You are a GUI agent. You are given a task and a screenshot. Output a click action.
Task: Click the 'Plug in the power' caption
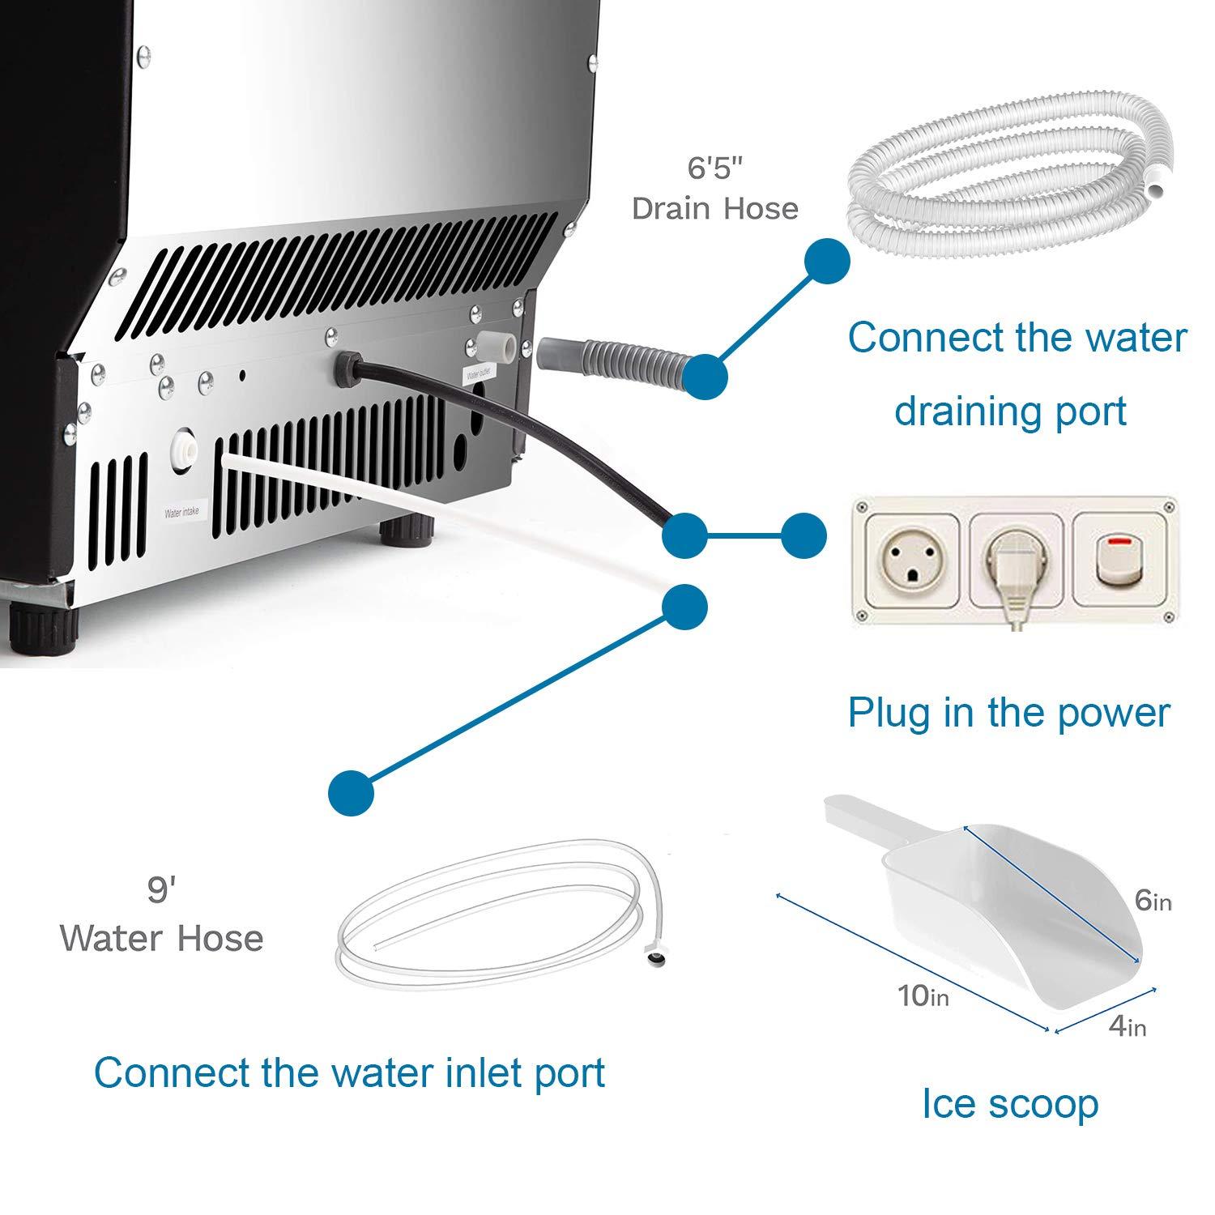[1008, 713]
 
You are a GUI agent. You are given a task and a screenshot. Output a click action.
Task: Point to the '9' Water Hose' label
[161, 915]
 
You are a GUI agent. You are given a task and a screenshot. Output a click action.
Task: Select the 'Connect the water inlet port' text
[349, 1072]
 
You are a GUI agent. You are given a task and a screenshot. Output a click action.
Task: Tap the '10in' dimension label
[923, 995]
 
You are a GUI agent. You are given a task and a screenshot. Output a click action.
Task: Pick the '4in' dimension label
[1127, 1026]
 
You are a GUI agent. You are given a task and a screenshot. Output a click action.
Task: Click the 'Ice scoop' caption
[1009, 1104]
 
